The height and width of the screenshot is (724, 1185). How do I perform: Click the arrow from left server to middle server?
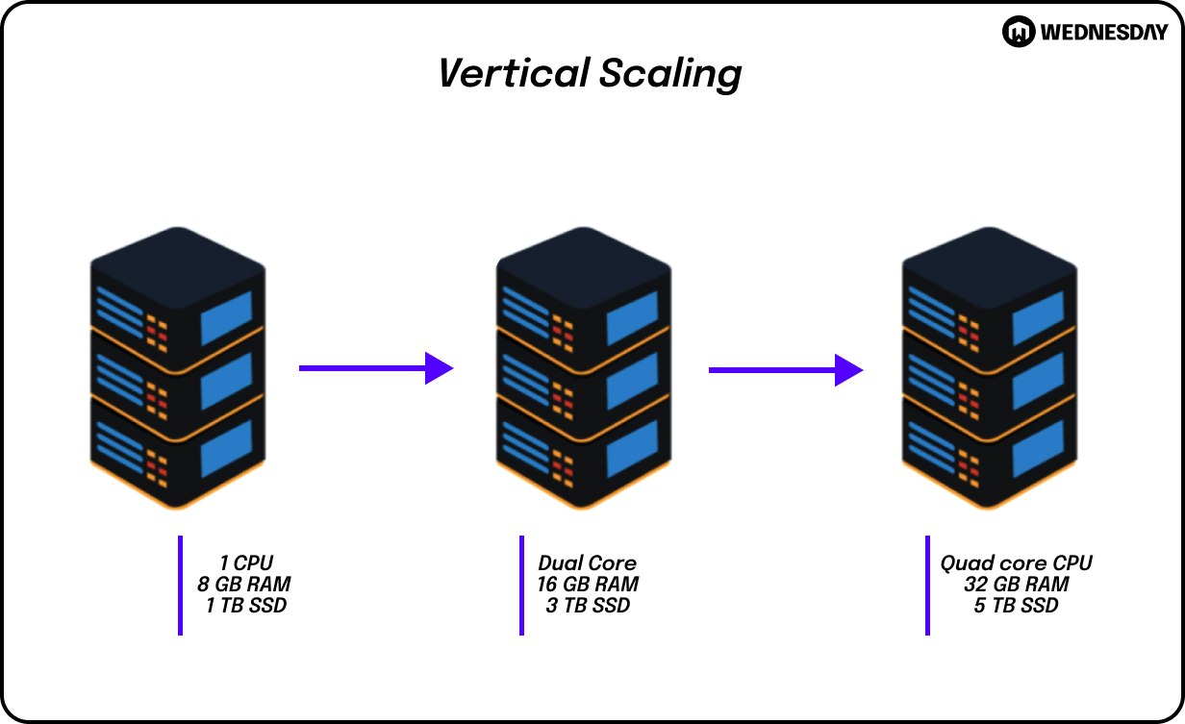pyautogui.click(x=375, y=367)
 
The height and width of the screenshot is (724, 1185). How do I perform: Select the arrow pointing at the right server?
pyautogui.click(x=785, y=369)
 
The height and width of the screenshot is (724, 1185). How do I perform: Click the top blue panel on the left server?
pyautogui.click(x=227, y=317)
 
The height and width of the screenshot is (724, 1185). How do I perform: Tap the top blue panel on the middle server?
pyautogui.click(x=633, y=317)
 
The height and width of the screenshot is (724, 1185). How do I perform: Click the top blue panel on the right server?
pyautogui.click(x=1039, y=317)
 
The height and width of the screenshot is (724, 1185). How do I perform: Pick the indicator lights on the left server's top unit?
pyautogui.click(x=156, y=331)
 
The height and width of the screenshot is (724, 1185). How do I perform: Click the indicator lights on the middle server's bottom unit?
pyautogui.click(x=562, y=467)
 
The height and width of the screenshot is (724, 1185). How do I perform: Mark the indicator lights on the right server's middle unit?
pyautogui.click(x=968, y=398)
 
